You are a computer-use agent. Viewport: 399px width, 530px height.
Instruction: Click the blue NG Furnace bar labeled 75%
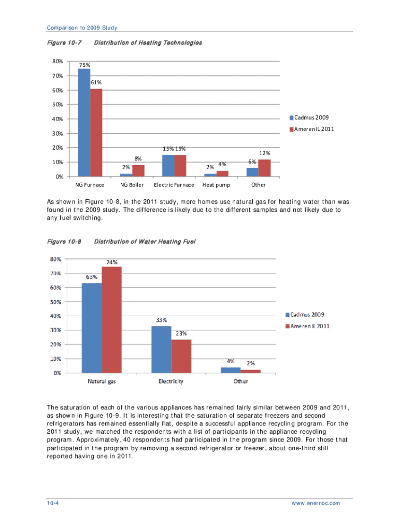84,123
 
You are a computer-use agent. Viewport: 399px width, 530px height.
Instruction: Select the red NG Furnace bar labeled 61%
96,132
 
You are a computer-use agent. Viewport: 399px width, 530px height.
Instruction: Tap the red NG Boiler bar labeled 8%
138,170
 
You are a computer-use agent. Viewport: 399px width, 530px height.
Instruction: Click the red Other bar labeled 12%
264,168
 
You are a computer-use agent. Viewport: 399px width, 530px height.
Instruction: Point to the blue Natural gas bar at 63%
92,328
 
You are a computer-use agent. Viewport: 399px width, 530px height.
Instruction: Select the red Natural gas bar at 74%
111,319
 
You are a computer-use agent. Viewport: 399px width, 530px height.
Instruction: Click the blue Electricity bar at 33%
161,349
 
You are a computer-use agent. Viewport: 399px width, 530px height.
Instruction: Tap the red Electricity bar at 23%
181,356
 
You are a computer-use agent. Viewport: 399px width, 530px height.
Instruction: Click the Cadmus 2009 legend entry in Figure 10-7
309,117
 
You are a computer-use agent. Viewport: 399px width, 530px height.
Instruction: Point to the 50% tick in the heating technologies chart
58,105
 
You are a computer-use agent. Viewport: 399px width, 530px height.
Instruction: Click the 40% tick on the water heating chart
56,316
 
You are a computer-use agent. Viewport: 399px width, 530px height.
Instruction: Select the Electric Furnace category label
174,185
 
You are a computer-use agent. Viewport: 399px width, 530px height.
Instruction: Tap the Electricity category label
171,381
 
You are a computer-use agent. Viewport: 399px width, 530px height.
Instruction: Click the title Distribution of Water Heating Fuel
145,242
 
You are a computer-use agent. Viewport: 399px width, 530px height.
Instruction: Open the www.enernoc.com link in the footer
316,503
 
